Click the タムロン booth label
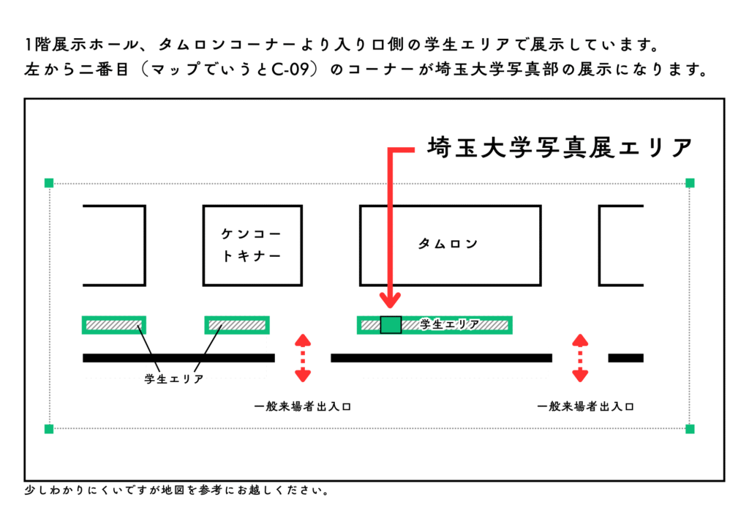(x=448, y=244)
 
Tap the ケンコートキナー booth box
(x=251, y=246)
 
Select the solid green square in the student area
(x=391, y=324)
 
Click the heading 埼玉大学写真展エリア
(x=560, y=147)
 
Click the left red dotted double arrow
(x=302, y=358)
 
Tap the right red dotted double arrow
(x=580, y=358)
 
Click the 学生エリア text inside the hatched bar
(x=450, y=324)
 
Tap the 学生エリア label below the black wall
(x=173, y=378)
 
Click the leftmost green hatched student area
(x=113, y=324)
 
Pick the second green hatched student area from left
(x=236, y=324)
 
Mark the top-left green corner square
(x=49, y=182)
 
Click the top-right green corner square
(x=690, y=182)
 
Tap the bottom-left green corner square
(x=49, y=428)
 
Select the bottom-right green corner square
(x=690, y=428)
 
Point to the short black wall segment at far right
(x=625, y=358)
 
